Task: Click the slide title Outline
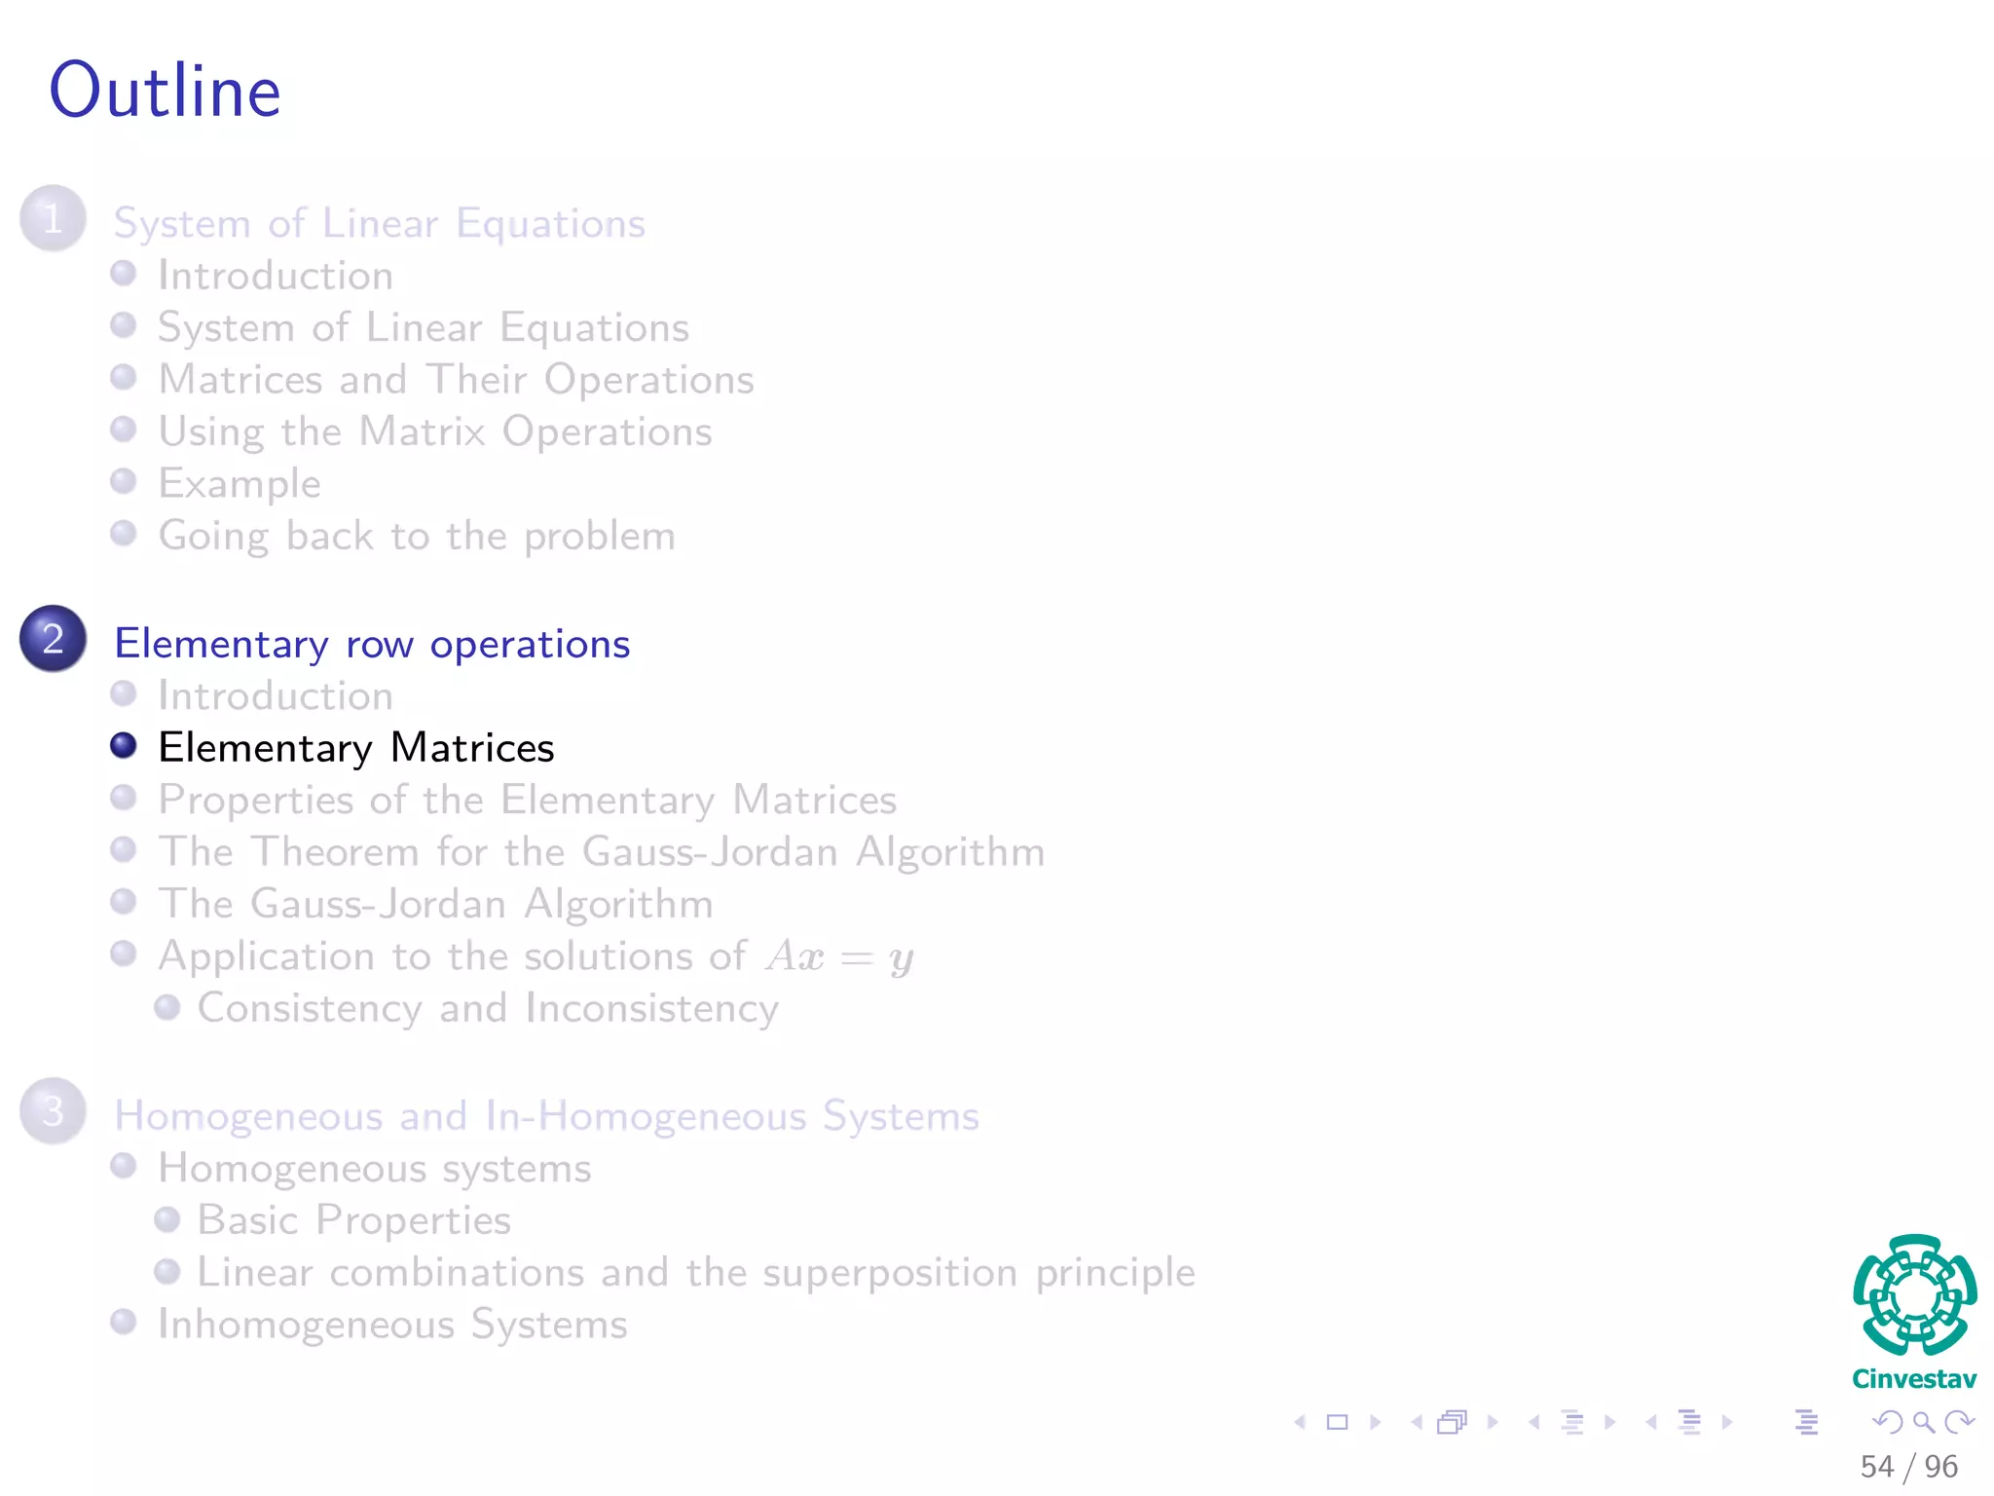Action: [x=166, y=91]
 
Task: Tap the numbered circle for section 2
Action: [x=54, y=639]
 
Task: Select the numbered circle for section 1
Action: [x=54, y=218]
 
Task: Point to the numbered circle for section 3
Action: [x=54, y=1111]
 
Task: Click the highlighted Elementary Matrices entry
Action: [x=356, y=748]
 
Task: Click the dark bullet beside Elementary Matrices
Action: [x=124, y=746]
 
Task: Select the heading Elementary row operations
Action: [x=372, y=645]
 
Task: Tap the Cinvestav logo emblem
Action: [x=1914, y=1295]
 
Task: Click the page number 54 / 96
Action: [x=1908, y=1466]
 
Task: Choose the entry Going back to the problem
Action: [x=417, y=537]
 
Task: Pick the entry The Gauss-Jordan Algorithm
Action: [x=435, y=904]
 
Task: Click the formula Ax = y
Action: [x=839, y=956]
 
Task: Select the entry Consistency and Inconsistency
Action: [x=488, y=1009]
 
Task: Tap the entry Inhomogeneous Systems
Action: [x=392, y=1325]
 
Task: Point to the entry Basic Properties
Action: [x=354, y=1220]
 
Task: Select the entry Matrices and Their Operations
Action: [x=456, y=380]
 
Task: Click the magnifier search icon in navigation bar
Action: [x=1923, y=1422]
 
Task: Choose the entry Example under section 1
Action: [x=240, y=484]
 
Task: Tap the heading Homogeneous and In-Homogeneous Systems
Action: [x=546, y=1116]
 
